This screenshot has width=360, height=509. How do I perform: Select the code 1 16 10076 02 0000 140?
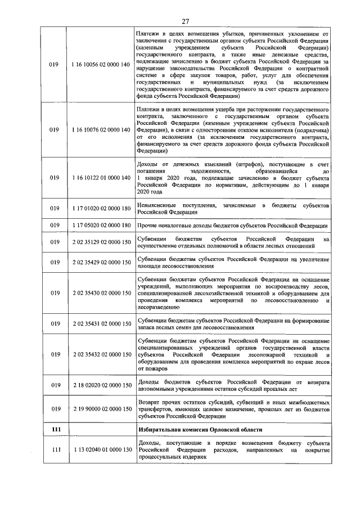coord(101,129)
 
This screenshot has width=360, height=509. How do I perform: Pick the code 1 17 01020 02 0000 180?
coord(101,209)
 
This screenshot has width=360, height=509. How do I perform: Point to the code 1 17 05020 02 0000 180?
coord(101,226)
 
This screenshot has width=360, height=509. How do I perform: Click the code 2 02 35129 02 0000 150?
coord(101,242)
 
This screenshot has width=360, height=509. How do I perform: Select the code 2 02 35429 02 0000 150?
coord(101,262)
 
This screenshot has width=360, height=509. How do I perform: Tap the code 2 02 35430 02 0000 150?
coord(101,293)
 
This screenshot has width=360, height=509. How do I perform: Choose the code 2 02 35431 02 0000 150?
coord(101,324)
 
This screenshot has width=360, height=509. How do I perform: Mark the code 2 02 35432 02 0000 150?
coord(101,355)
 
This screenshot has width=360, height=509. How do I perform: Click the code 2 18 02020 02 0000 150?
coord(101,386)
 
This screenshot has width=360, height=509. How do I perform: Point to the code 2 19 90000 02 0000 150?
coord(101,410)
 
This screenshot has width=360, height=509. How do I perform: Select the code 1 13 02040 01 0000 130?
coord(101,451)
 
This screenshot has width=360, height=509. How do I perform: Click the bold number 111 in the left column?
coord(55,430)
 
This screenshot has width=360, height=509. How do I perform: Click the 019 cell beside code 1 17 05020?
coord(55,226)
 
